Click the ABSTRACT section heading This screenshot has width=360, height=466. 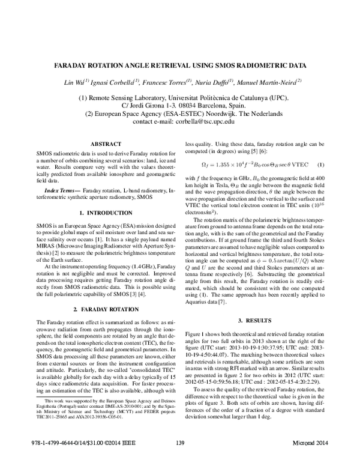coord(106,144)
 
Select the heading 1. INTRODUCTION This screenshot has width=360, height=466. coord(106,213)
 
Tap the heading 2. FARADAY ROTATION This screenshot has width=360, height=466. coord(106,309)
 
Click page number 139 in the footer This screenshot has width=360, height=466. coord(180,460)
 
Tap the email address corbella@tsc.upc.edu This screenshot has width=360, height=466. coord(203,121)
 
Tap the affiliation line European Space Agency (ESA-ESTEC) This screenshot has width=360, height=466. coord(180,112)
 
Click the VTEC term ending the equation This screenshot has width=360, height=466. coord(299,165)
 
